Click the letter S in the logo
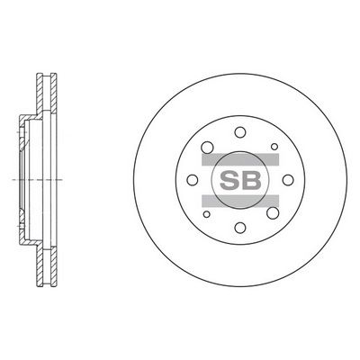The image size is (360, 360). point(229,180)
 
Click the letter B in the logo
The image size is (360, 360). point(251,180)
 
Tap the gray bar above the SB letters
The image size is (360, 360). point(240,159)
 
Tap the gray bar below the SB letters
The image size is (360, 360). point(240,201)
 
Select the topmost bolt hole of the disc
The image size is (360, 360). point(240,132)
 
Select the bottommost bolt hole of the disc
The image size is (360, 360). point(240,228)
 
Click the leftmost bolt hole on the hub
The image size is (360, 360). point(193,180)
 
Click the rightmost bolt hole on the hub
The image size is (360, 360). point(288,180)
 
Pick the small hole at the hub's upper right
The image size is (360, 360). point(274,147)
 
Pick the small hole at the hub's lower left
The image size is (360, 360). point(206,214)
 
